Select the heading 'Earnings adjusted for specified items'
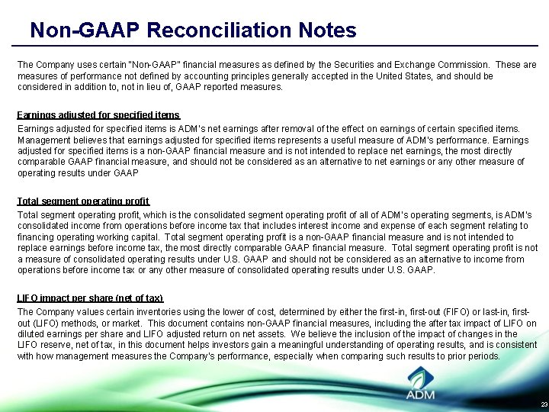click(98, 115)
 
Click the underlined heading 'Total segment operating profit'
click(83, 201)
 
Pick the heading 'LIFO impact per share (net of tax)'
click(90, 298)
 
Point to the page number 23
click(543, 404)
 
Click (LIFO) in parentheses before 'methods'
click(50, 323)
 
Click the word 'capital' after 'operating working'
click(142, 237)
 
